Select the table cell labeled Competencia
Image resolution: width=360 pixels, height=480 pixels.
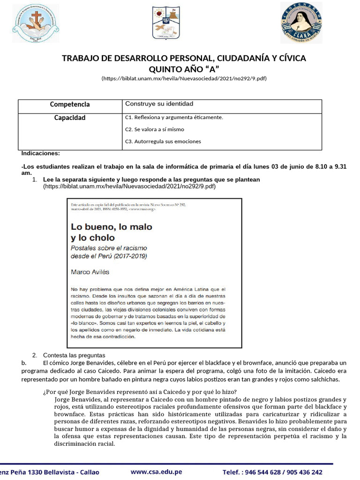(70, 105)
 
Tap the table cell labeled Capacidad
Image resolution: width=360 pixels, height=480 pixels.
(70, 118)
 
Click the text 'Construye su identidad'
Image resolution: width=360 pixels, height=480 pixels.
(159, 104)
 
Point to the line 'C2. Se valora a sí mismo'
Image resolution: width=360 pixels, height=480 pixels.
(155, 129)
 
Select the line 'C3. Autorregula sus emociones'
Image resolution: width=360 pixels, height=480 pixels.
(163, 141)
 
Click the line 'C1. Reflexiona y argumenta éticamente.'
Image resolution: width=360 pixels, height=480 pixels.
(174, 117)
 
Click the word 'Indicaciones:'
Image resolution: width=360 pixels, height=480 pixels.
(41, 153)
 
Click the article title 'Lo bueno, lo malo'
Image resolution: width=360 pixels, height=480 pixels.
(112, 227)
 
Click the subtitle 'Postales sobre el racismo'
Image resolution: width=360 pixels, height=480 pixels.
(110, 247)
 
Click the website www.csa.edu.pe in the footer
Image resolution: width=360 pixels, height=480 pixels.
(156, 472)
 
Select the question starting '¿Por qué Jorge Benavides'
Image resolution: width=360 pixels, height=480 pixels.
(140, 392)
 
